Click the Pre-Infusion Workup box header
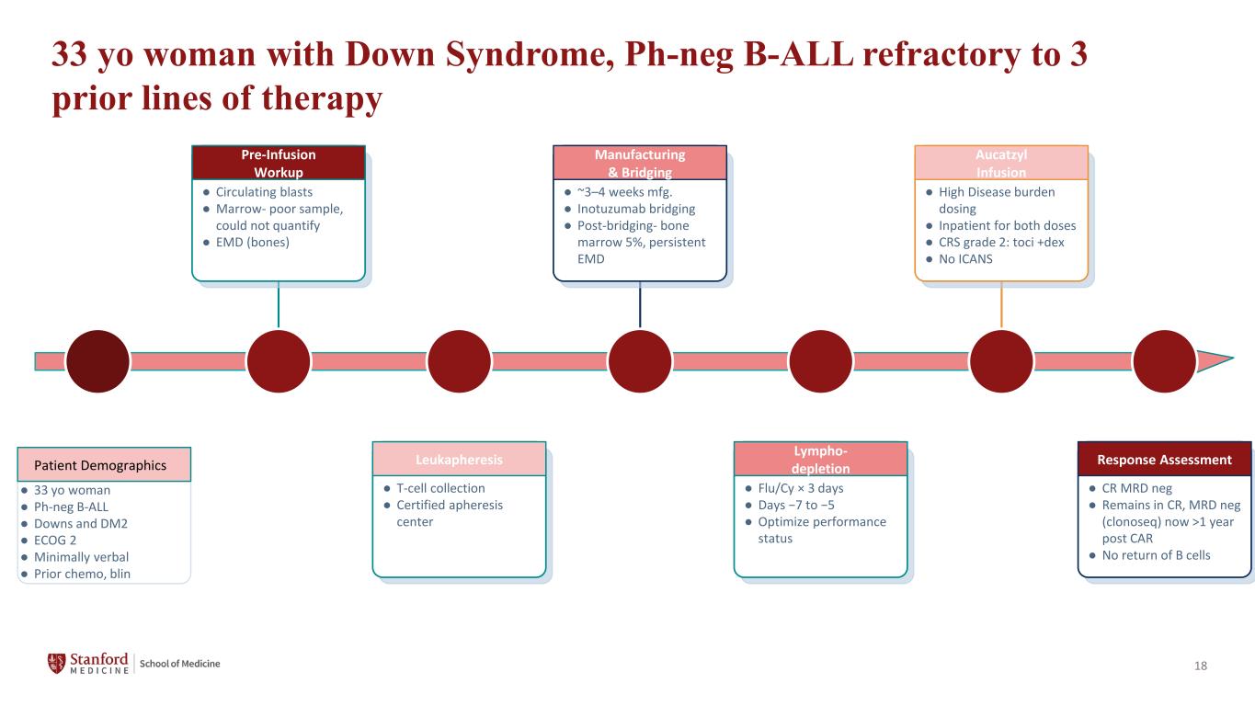tap(279, 163)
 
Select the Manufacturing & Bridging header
tap(640, 163)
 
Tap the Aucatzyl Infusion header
tap(1001, 163)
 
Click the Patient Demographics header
tap(104, 464)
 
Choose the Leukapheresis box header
tap(460, 459)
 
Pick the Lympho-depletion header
tap(821, 459)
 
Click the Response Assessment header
tap(1164, 459)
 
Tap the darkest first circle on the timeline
tap(97, 361)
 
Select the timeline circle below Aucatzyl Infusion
tap(1001, 361)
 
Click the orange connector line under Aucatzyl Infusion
tap(1001, 304)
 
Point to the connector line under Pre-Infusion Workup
tap(279, 304)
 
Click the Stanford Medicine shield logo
tap(56, 664)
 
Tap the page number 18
tap(1201, 666)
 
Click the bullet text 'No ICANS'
tap(965, 259)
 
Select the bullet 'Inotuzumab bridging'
tap(636, 209)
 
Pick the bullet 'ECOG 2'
tap(55, 541)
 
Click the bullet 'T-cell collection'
tap(440, 488)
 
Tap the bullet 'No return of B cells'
tap(1156, 555)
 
